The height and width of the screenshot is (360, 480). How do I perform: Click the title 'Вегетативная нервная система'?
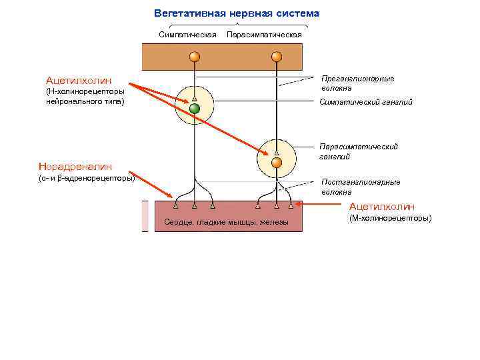coord(237,13)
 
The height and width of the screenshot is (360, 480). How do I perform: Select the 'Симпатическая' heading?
coord(188,34)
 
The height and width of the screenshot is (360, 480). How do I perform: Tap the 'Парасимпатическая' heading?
coord(265,34)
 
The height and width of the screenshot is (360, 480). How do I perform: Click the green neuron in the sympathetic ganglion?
coord(195,109)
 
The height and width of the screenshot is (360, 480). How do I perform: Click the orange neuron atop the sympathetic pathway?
coord(195,57)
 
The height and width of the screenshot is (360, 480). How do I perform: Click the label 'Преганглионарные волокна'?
coord(357,83)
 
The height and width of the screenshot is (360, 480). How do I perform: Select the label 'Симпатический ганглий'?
coord(366,102)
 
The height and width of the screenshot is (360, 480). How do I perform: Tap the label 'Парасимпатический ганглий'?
coord(359,151)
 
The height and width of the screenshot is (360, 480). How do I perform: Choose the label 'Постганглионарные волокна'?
coord(361,186)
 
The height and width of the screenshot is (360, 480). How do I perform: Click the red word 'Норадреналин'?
coord(75,167)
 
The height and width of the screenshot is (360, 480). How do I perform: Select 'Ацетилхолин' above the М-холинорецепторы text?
coord(382,207)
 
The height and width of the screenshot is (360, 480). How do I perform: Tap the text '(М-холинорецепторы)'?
coord(390,218)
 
